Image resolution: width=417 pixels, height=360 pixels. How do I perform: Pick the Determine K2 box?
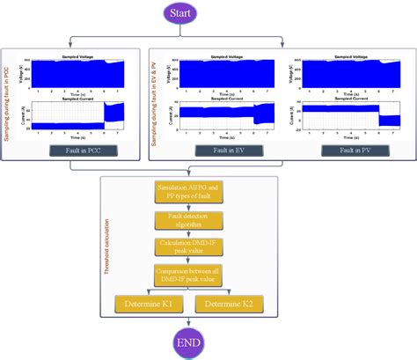point(247,305)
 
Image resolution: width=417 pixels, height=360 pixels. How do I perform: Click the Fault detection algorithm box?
point(202,220)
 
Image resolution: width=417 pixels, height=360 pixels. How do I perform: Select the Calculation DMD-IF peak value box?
point(202,246)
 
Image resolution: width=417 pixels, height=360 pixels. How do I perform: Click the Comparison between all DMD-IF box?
point(202,274)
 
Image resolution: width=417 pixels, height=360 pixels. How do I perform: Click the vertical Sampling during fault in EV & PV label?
point(157,101)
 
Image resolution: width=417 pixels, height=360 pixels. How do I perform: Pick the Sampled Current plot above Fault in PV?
point(346,114)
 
